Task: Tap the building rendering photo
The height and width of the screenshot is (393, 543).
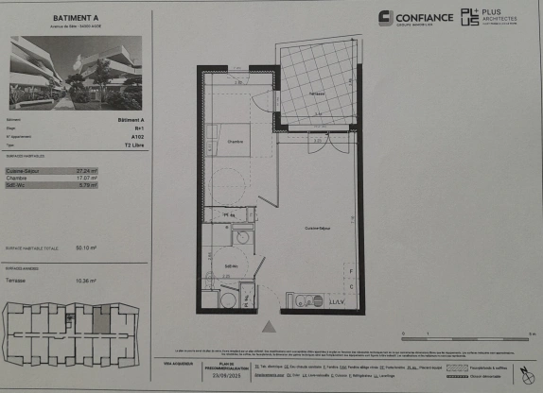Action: (x=75, y=73)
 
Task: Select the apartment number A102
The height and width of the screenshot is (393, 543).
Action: (x=137, y=136)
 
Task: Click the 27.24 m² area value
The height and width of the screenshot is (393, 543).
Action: (x=87, y=170)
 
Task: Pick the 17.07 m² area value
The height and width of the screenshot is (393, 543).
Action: (x=87, y=178)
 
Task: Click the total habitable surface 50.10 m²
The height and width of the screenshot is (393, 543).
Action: (x=86, y=248)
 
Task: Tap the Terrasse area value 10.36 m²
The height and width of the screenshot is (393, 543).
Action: (x=86, y=281)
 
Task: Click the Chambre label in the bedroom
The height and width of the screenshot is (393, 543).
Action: (x=235, y=142)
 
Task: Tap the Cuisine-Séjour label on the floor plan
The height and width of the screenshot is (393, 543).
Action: (x=317, y=229)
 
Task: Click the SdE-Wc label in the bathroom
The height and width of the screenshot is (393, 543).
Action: (x=230, y=266)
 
